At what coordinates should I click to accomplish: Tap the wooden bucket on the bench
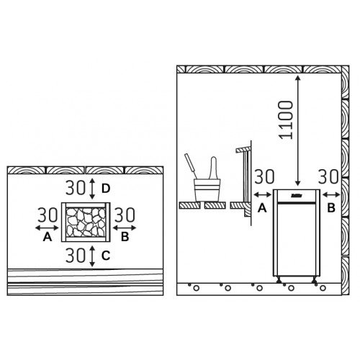(x=209, y=190)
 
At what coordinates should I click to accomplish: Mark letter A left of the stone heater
(x=48, y=235)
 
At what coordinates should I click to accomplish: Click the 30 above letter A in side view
(x=264, y=176)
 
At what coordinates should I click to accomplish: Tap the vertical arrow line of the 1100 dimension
(x=295, y=130)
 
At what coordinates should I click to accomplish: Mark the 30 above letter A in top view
(x=48, y=215)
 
